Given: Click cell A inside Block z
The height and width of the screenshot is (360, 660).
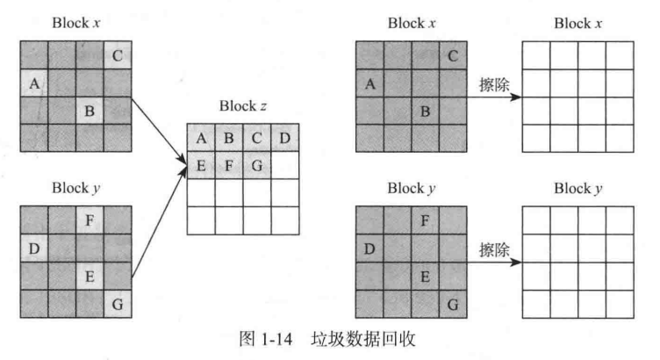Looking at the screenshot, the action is (x=201, y=138).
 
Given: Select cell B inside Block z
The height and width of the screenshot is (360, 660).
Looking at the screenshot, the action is (x=229, y=138).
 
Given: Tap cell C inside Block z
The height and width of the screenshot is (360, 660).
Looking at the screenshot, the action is (x=257, y=138).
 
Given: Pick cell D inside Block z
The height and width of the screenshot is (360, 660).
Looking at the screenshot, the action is (x=285, y=138).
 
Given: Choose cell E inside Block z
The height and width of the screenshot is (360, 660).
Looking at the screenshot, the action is (x=201, y=164).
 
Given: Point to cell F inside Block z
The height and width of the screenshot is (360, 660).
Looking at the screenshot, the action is (x=229, y=164).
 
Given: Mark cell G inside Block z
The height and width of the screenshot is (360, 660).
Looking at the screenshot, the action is (x=257, y=164).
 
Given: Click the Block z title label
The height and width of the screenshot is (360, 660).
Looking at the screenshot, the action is (x=243, y=107).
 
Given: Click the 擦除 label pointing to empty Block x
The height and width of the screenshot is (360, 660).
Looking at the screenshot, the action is (x=494, y=85).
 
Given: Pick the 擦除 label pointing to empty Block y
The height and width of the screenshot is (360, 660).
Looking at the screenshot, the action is (x=494, y=248).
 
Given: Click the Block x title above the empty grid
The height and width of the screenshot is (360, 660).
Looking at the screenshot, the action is (x=577, y=23).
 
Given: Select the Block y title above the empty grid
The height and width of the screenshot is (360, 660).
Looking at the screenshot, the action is (x=577, y=187).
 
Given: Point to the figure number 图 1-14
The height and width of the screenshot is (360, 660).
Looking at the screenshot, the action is (x=266, y=338).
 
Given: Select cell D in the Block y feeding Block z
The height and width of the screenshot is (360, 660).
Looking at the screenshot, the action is (x=34, y=248).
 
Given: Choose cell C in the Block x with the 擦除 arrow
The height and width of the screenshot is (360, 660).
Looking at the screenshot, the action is (x=452, y=57).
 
